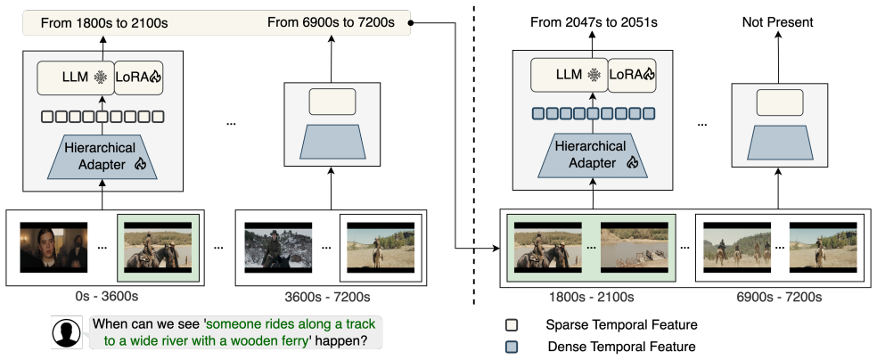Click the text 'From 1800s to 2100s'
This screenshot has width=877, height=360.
point(104,23)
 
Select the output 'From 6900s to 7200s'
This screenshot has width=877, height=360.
point(332,23)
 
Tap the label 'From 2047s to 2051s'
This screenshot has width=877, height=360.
point(594,23)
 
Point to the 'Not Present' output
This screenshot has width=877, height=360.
point(777,23)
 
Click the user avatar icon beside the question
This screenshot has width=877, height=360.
point(67,333)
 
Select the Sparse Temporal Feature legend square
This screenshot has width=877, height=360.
point(510,324)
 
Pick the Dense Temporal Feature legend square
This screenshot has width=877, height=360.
point(510,347)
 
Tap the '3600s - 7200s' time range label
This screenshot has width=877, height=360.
point(331,296)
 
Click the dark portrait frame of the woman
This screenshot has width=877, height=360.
point(53,247)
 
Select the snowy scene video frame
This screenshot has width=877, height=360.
point(279,247)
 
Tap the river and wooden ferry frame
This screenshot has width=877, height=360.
point(635,247)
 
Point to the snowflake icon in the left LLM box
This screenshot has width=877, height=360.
point(102,78)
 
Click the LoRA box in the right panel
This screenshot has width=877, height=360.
point(632,74)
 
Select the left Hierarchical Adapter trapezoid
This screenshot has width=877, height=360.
point(102,157)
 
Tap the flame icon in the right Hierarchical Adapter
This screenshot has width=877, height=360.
point(632,163)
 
